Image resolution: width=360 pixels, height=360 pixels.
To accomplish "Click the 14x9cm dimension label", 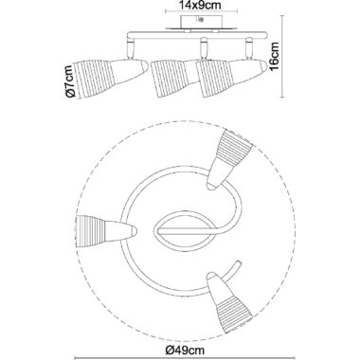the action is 199,5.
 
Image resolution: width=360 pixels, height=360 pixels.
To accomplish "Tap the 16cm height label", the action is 274,56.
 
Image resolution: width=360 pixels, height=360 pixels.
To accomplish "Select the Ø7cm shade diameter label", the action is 69,81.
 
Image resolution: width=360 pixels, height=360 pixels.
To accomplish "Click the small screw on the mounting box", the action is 200,19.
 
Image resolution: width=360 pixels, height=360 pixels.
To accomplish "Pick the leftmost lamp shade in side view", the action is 111,79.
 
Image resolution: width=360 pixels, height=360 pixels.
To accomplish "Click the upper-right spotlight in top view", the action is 229,158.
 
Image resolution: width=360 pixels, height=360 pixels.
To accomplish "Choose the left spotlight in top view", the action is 107,230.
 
